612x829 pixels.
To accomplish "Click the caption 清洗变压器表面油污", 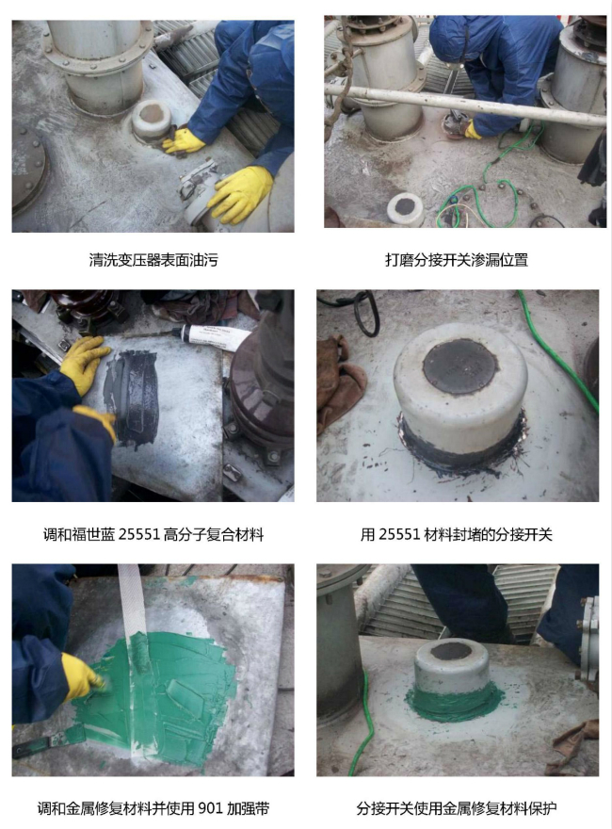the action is [x=153, y=260].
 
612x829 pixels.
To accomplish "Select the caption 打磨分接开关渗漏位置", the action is [x=457, y=260].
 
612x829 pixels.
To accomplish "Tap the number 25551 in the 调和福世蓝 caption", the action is [x=139, y=534].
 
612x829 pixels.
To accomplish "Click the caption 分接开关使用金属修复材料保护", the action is [x=457, y=808].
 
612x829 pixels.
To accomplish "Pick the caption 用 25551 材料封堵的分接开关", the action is [x=457, y=534].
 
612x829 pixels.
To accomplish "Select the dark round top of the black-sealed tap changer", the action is [x=460, y=364].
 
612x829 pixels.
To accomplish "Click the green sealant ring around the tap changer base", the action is [x=454, y=702].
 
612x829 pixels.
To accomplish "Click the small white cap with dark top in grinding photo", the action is [x=405, y=208].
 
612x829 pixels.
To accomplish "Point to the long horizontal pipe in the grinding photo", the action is [x=465, y=106].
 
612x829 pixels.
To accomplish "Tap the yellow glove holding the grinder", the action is [x=472, y=131].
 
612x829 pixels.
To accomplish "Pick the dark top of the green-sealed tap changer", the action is [x=451, y=651].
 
